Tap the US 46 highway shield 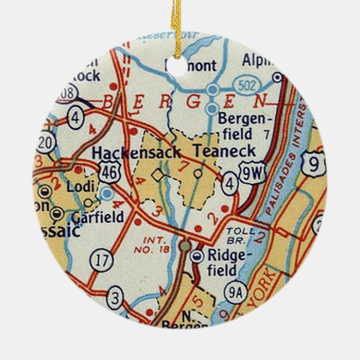(x=109, y=173)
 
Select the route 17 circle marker (x=101, y=260)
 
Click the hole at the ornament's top (x=180, y=65)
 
